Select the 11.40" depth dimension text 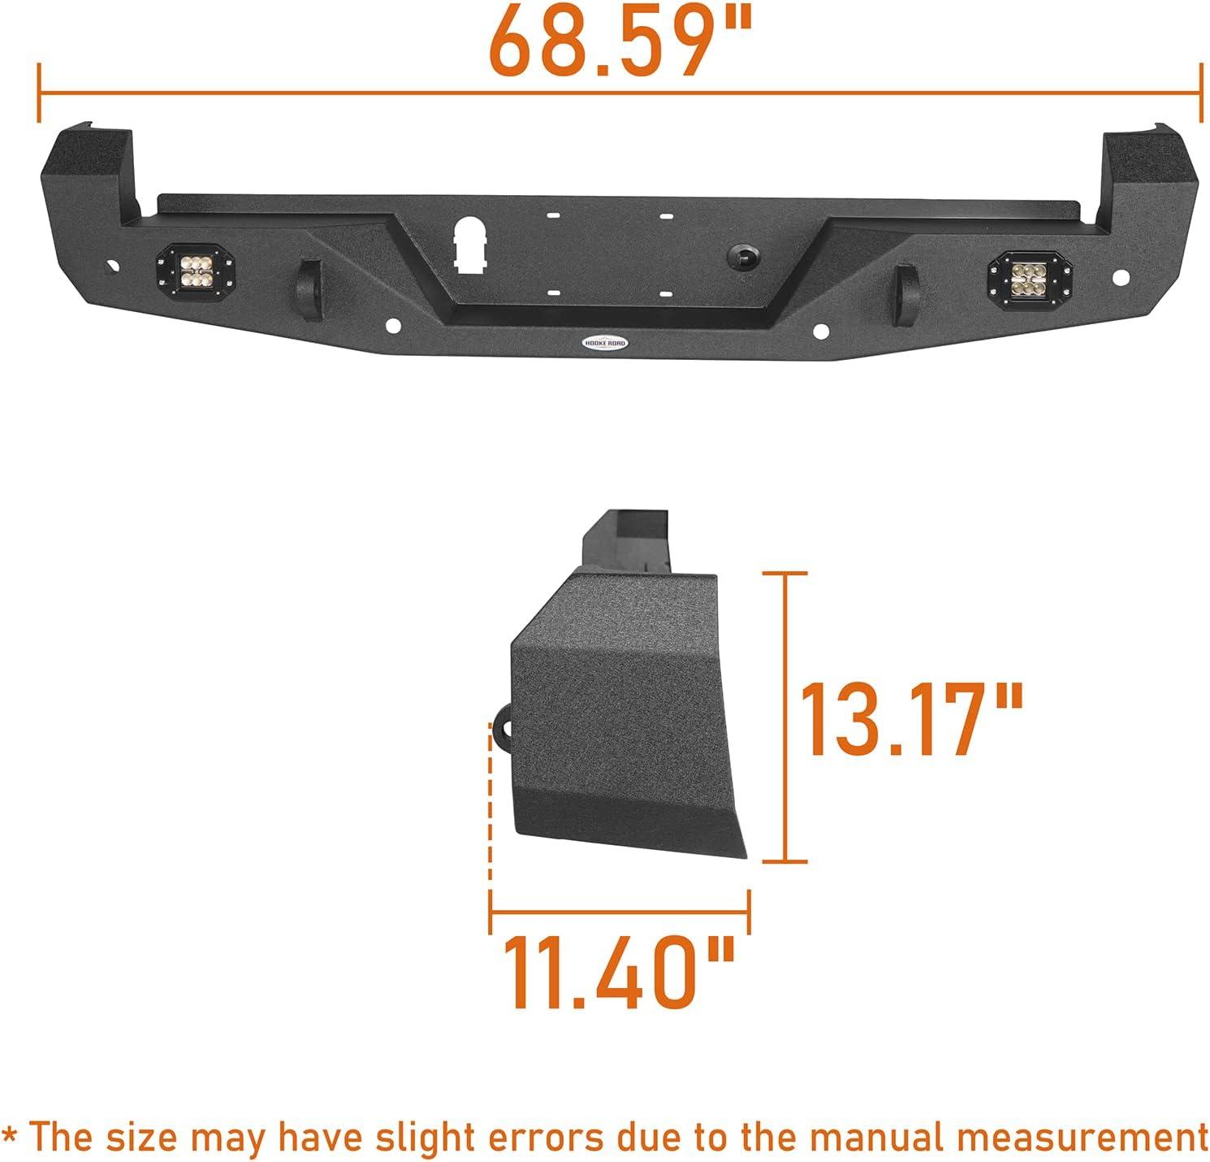point(620,972)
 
